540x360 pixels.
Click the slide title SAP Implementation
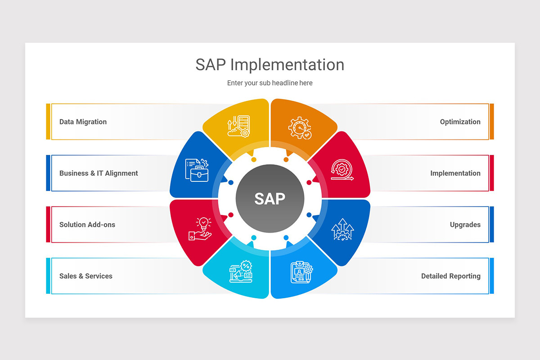270,65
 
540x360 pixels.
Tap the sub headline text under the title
270,83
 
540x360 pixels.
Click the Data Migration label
83,121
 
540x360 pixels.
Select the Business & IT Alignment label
99,173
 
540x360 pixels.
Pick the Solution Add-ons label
87,225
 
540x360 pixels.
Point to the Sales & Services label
86,276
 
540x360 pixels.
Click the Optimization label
460,121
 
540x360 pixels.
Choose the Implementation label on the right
455,173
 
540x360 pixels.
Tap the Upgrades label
465,225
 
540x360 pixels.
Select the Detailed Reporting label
450,276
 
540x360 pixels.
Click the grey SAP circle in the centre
270,198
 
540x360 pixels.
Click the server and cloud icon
238,126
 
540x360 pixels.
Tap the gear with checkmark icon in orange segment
300,128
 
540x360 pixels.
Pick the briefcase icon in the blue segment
197,170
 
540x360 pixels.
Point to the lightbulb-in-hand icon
201,229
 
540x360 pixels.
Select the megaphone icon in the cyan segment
241,272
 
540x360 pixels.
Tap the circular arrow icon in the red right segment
342,170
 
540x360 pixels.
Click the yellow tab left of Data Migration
48,121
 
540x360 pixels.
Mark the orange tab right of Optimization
492,121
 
